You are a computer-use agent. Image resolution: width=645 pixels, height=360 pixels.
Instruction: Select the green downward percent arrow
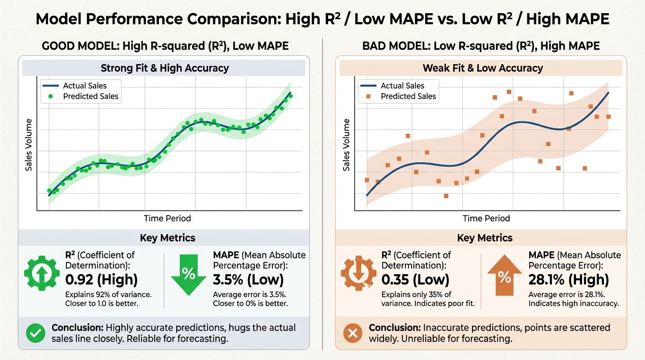pyautogui.click(x=188, y=274)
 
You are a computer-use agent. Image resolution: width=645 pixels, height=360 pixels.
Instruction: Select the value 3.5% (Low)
pyautogui.click(x=248, y=280)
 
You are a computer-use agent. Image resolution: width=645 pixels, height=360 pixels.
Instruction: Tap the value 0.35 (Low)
pyautogui.click(x=415, y=280)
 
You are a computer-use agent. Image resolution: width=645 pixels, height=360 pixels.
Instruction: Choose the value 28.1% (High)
pyautogui.click(x=569, y=280)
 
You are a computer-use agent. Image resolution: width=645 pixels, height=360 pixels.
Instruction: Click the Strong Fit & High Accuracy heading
pyautogui.click(x=165, y=68)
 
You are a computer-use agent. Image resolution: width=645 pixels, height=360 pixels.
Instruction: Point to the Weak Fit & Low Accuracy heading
pyautogui.click(x=483, y=68)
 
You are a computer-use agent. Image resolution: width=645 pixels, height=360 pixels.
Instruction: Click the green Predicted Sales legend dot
pyautogui.click(x=51, y=97)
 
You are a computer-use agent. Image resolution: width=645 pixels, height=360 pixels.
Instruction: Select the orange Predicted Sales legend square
pyautogui.click(x=368, y=97)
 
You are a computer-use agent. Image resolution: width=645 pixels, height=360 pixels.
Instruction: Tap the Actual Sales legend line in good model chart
pyautogui.click(x=50, y=86)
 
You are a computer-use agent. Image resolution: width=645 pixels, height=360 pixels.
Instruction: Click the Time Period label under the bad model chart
pyautogui.click(x=486, y=218)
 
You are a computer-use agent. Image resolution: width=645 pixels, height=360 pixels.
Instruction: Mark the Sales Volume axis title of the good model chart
pyautogui.click(x=29, y=145)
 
